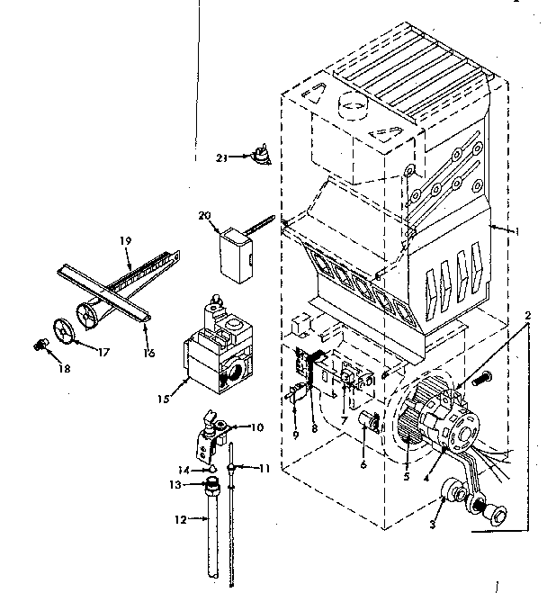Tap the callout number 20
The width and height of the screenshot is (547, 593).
point(203,215)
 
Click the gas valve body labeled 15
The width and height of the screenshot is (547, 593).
point(216,355)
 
